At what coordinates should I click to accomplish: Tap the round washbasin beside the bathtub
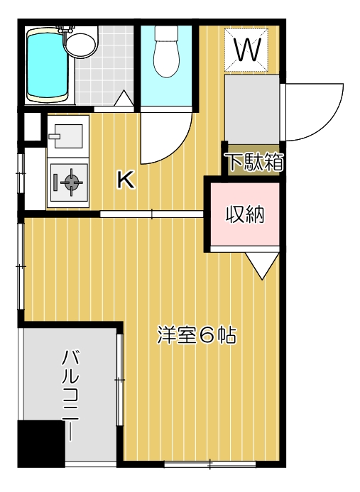(x=80, y=43)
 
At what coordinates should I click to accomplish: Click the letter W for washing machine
(x=246, y=50)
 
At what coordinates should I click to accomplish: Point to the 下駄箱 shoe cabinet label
(x=254, y=163)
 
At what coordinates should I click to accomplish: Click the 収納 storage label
(x=245, y=214)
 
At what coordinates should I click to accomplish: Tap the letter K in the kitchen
(x=126, y=180)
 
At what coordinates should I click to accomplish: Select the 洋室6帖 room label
(x=197, y=334)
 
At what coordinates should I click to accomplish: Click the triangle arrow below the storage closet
(x=262, y=266)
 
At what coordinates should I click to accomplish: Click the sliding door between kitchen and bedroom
(x=152, y=214)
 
